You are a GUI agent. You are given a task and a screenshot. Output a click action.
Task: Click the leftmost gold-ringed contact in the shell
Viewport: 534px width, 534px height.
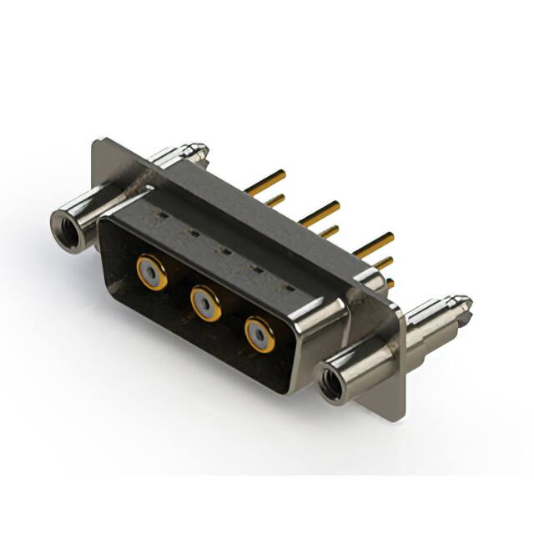pyautogui.click(x=152, y=271)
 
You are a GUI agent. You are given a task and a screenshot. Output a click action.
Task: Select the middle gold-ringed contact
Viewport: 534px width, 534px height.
pyautogui.click(x=205, y=303)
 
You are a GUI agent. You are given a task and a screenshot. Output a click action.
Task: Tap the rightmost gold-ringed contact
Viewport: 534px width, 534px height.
pyautogui.click(x=259, y=335)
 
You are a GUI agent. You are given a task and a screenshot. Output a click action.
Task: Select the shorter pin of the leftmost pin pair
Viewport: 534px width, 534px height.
pyautogui.click(x=275, y=200)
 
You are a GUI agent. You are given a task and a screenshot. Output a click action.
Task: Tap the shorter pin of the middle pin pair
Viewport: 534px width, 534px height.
pyautogui.click(x=329, y=231)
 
